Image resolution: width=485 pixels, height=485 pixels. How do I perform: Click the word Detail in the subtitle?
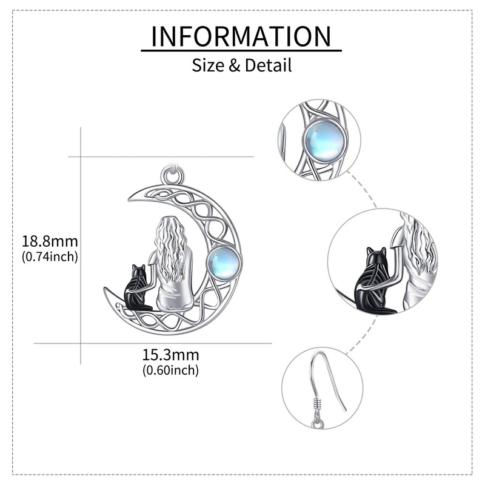click(268, 65)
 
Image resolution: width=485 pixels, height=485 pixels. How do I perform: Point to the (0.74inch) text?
click(50, 256)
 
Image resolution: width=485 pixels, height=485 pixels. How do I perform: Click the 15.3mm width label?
click(170, 355)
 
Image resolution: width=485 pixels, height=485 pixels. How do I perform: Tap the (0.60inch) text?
click(170, 369)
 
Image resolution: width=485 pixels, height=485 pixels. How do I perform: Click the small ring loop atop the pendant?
click(172, 176)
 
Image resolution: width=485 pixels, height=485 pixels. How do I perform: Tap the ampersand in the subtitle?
click(234, 65)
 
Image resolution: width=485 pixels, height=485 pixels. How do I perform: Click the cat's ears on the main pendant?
click(138, 268)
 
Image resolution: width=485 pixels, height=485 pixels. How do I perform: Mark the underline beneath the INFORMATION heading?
click(241, 51)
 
